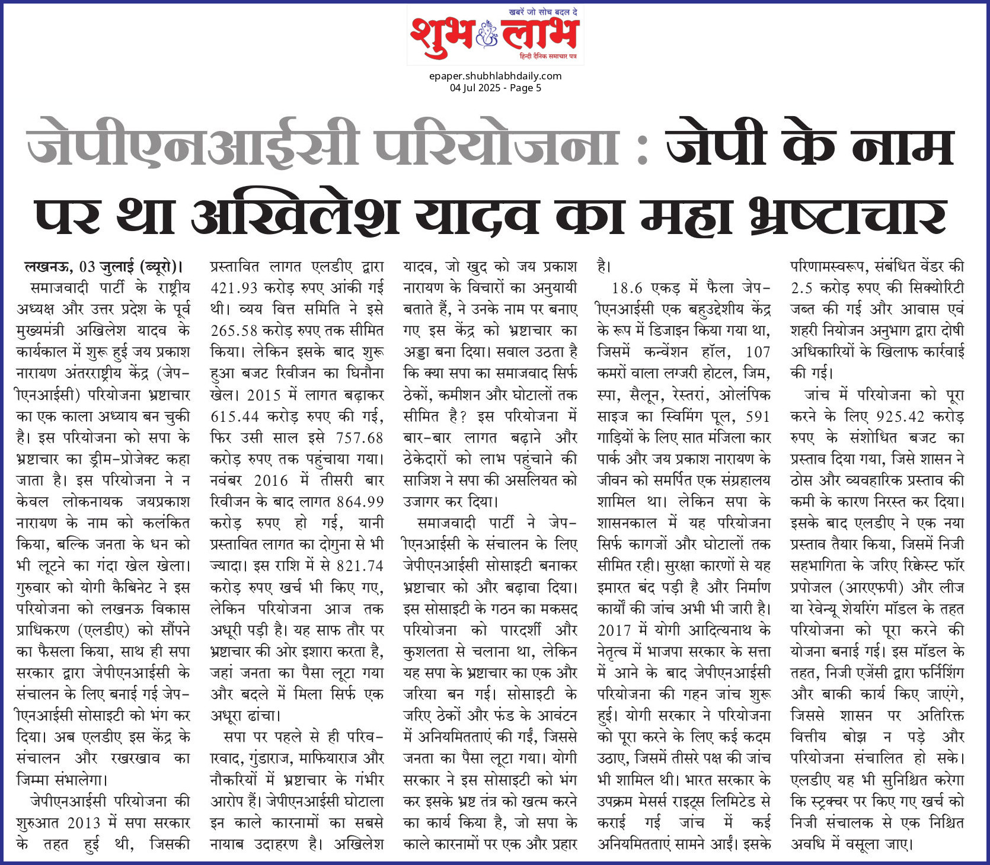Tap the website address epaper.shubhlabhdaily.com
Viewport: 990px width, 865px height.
point(495,76)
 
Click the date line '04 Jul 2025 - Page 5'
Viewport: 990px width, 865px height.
point(495,88)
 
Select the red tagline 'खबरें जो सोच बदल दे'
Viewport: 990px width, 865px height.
point(544,12)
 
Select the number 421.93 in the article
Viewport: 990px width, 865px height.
point(234,289)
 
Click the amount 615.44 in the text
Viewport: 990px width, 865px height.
point(234,417)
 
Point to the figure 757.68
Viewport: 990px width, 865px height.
point(359,438)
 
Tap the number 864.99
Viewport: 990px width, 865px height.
point(360,502)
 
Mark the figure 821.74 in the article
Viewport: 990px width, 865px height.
point(359,566)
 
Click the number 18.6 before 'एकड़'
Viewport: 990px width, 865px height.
point(627,289)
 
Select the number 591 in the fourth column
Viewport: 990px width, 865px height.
point(758,417)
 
